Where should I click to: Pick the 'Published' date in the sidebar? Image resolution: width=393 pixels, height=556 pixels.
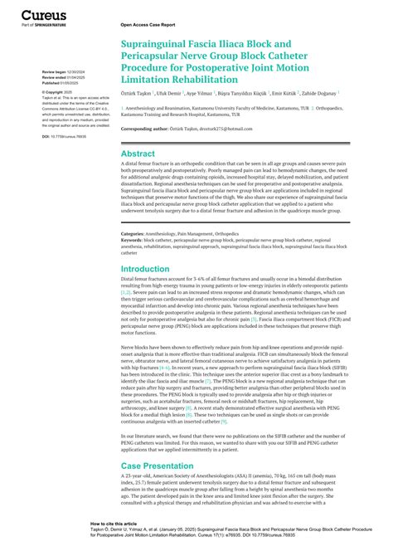tap(63, 83)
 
